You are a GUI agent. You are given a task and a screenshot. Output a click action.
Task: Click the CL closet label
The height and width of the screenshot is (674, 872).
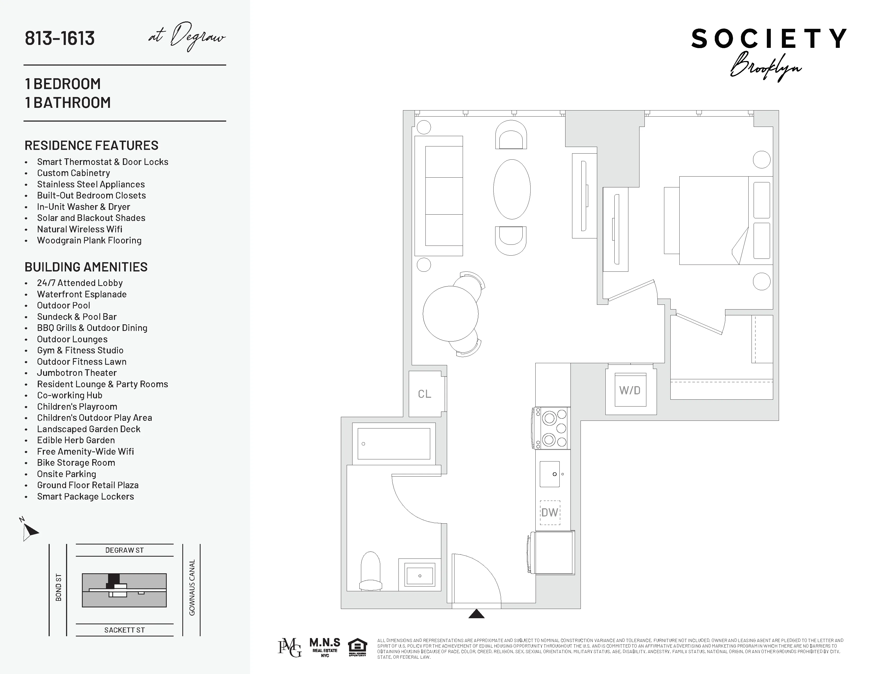[x=424, y=394]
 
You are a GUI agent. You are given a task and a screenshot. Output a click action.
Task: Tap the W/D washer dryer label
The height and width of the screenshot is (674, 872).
[x=630, y=390]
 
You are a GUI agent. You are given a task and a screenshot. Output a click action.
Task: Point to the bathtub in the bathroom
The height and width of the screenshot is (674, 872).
[x=394, y=444]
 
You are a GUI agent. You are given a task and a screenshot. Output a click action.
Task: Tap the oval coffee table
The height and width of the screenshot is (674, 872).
[x=512, y=189]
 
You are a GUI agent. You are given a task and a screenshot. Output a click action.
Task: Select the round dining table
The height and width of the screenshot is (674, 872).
[x=450, y=314]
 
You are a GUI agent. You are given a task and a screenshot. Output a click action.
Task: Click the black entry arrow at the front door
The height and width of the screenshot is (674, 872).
[x=476, y=614]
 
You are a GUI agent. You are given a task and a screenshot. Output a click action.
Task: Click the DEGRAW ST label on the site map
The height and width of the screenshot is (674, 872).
[x=124, y=550]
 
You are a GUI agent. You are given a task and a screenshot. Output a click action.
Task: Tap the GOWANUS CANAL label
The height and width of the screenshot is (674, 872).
[x=192, y=587]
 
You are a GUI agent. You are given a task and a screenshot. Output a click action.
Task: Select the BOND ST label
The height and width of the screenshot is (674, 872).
[x=59, y=587]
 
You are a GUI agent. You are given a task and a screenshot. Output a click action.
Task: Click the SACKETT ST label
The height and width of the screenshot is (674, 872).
[x=124, y=630]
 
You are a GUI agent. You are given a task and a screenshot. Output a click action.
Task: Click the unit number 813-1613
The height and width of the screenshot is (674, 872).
[x=60, y=38]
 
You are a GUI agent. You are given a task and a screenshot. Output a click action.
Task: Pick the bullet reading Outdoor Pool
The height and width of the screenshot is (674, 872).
[x=63, y=306]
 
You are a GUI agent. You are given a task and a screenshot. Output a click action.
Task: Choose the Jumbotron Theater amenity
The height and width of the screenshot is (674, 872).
[x=77, y=373]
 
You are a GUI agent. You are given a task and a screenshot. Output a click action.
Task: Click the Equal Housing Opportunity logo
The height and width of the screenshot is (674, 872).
[x=357, y=648]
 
